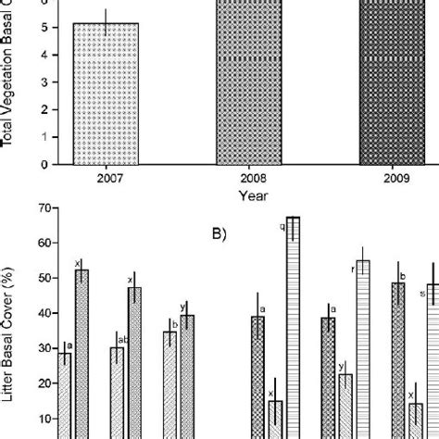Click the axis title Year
[245, 195]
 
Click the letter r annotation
[354, 269]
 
